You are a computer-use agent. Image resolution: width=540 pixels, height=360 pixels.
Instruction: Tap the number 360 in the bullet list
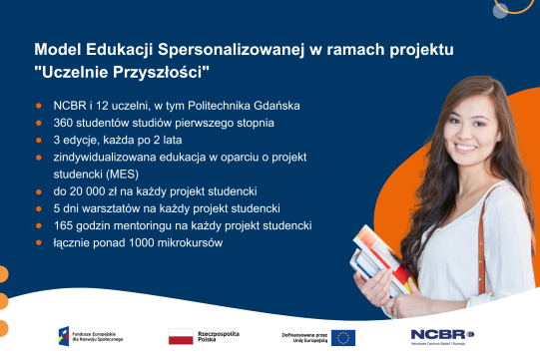[x=65, y=123]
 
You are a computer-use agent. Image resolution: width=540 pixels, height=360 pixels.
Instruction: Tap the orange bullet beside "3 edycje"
[x=40, y=140]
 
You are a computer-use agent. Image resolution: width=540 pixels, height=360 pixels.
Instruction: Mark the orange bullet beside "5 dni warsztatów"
[x=40, y=209]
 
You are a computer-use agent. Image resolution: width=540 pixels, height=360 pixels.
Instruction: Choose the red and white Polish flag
[x=181, y=336]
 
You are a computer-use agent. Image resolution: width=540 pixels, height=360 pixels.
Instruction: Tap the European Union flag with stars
[x=343, y=337]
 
